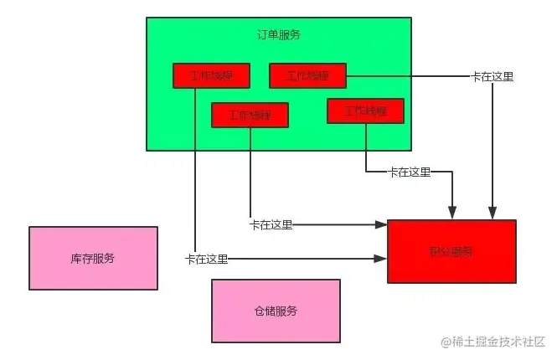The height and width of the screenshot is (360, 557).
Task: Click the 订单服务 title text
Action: (279, 35)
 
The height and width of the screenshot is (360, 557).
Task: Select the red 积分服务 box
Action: (451, 251)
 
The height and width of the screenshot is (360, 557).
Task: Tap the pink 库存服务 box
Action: (93, 258)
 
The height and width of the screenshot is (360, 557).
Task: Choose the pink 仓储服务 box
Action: (276, 311)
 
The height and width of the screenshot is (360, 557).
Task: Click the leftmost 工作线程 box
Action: (212, 76)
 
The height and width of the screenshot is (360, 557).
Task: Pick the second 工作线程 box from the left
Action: (250, 115)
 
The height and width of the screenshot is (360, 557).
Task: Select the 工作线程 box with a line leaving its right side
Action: (307, 76)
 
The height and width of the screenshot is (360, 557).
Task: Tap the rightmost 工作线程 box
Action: (365, 111)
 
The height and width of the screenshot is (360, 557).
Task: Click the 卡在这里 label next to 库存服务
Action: (206, 260)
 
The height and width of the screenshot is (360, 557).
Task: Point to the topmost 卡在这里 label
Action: (493, 76)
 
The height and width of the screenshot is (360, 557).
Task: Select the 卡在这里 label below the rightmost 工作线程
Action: (410, 172)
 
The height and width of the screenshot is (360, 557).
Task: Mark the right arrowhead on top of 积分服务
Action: (493, 215)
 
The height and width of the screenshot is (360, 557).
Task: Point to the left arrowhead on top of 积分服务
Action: (453, 215)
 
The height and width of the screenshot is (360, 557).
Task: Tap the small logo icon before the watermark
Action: (435, 342)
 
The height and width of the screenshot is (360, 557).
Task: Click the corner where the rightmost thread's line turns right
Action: (366, 172)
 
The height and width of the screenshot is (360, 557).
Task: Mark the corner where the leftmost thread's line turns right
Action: (194, 260)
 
